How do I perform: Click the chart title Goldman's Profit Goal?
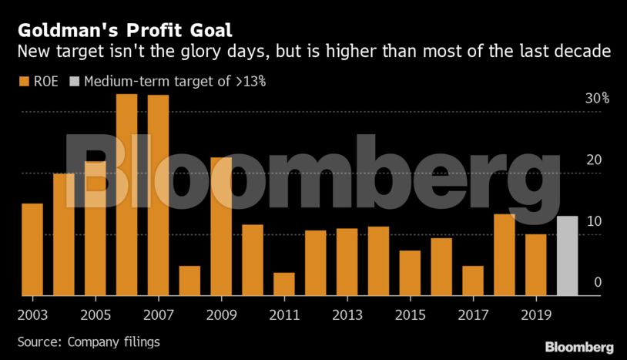(x=124, y=31)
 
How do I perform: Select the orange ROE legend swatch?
(x=23, y=80)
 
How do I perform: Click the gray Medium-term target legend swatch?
(x=74, y=80)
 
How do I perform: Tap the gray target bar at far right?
(x=567, y=256)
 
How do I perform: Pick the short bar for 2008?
(x=189, y=281)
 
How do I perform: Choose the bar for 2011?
(x=284, y=284)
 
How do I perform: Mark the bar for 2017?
(x=473, y=281)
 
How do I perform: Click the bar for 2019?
(x=535, y=264)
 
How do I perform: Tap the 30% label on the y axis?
(x=597, y=99)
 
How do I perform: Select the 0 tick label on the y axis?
(x=597, y=283)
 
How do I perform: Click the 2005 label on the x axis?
(x=96, y=315)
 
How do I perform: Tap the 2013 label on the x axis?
(x=347, y=315)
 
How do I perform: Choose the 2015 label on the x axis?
(x=410, y=315)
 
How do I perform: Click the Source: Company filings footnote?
(x=89, y=341)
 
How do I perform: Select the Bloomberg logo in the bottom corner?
(x=579, y=347)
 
